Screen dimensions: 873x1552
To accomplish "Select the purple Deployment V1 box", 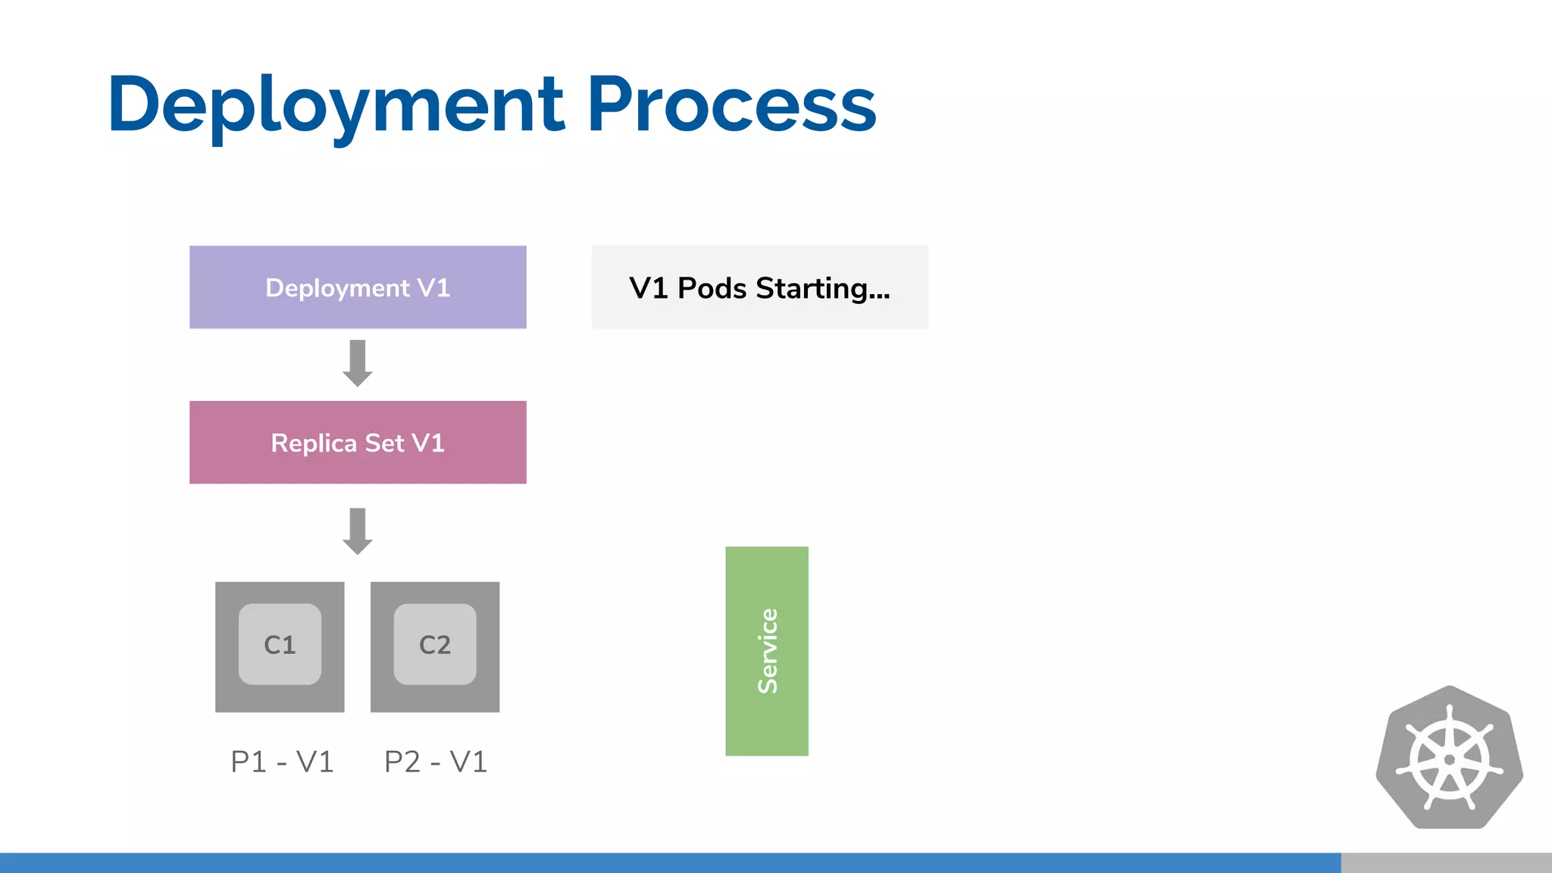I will (358, 287).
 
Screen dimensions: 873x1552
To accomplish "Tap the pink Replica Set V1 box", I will (358, 443).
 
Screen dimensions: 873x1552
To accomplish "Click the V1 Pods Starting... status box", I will (759, 287).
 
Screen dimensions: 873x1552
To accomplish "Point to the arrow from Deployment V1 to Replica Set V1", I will (358, 363).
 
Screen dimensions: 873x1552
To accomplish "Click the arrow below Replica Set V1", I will (358, 531).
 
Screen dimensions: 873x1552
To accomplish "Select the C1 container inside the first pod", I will (280, 644).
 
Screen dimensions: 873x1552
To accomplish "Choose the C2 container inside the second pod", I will (435, 644).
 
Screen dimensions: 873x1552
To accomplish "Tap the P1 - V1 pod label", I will (282, 762).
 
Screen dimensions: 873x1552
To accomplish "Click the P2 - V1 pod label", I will (436, 762).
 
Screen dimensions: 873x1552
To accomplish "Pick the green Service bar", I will (767, 651).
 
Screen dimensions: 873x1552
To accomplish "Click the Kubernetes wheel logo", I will (1449, 757).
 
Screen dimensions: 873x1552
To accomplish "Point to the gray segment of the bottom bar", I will (1446, 862).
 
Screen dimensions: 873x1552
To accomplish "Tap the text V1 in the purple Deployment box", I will (433, 288).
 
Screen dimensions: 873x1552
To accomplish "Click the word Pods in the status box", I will (712, 288).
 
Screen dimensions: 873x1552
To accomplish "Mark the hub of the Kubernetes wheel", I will (1449, 760).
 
